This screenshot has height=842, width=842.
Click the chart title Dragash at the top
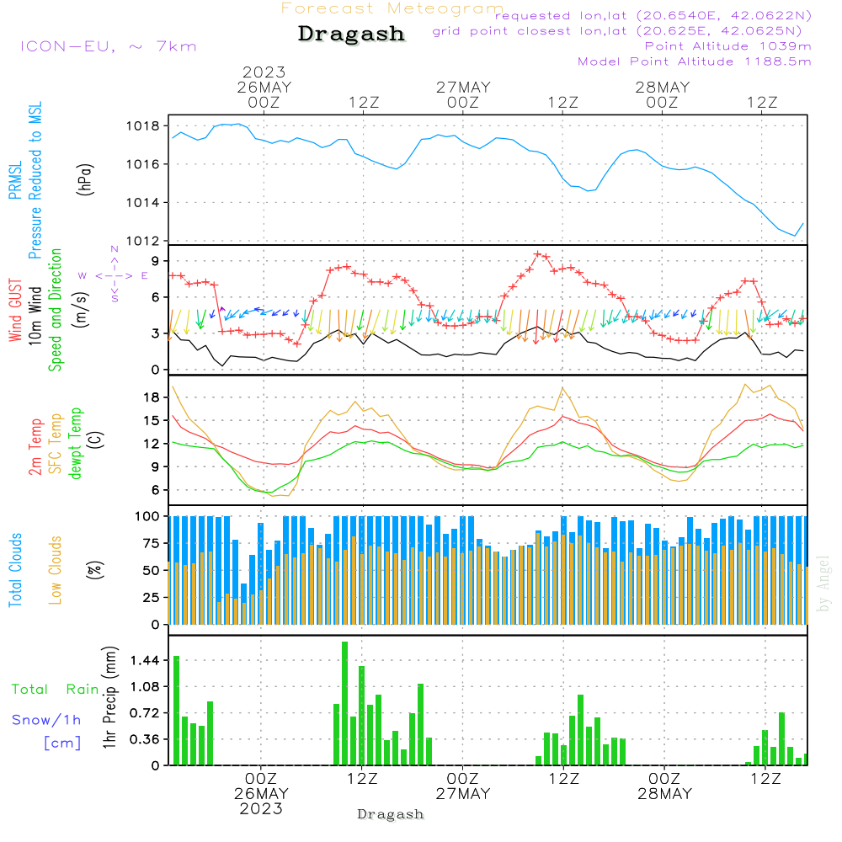coord(351,35)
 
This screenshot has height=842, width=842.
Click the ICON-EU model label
coord(108,46)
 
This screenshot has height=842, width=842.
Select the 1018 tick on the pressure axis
coord(143,126)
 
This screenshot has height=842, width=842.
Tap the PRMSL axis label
coord(15,176)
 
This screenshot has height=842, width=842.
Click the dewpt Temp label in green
coord(77,444)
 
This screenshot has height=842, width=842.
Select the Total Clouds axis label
coord(15,570)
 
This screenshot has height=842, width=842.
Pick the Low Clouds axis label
coord(56,570)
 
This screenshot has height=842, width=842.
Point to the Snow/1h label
coord(47,720)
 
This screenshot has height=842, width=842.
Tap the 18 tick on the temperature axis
coord(152,397)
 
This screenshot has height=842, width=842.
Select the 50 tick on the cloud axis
coord(152,570)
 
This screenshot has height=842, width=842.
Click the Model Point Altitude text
coord(695,61)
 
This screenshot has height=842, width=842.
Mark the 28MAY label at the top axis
coord(663,88)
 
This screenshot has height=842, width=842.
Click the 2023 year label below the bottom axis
coord(261,809)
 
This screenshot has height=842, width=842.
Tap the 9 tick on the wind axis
coord(156,261)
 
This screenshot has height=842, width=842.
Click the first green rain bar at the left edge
coord(177,710)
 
